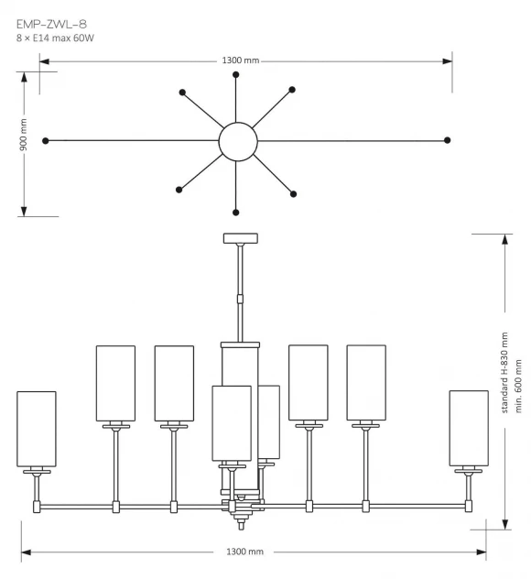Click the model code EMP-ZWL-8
point(51,25)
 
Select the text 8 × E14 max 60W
point(55,38)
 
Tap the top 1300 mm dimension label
point(241,60)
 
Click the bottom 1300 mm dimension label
point(244,552)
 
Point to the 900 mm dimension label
point(23,135)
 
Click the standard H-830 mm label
point(504,373)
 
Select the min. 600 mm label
point(518,386)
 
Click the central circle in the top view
point(238,141)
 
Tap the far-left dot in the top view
point(46,141)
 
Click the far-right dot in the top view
point(448,140)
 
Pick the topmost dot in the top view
point(236,74)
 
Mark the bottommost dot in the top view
point(236,213)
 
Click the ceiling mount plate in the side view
point(241,238)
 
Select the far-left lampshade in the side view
point(37,429)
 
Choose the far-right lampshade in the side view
point(469,429)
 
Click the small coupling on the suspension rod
point(240,299)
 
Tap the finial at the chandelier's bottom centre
point(241,524)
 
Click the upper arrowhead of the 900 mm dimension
point(24,76)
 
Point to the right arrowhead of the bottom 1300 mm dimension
point(482,552)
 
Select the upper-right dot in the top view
point(292,90)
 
